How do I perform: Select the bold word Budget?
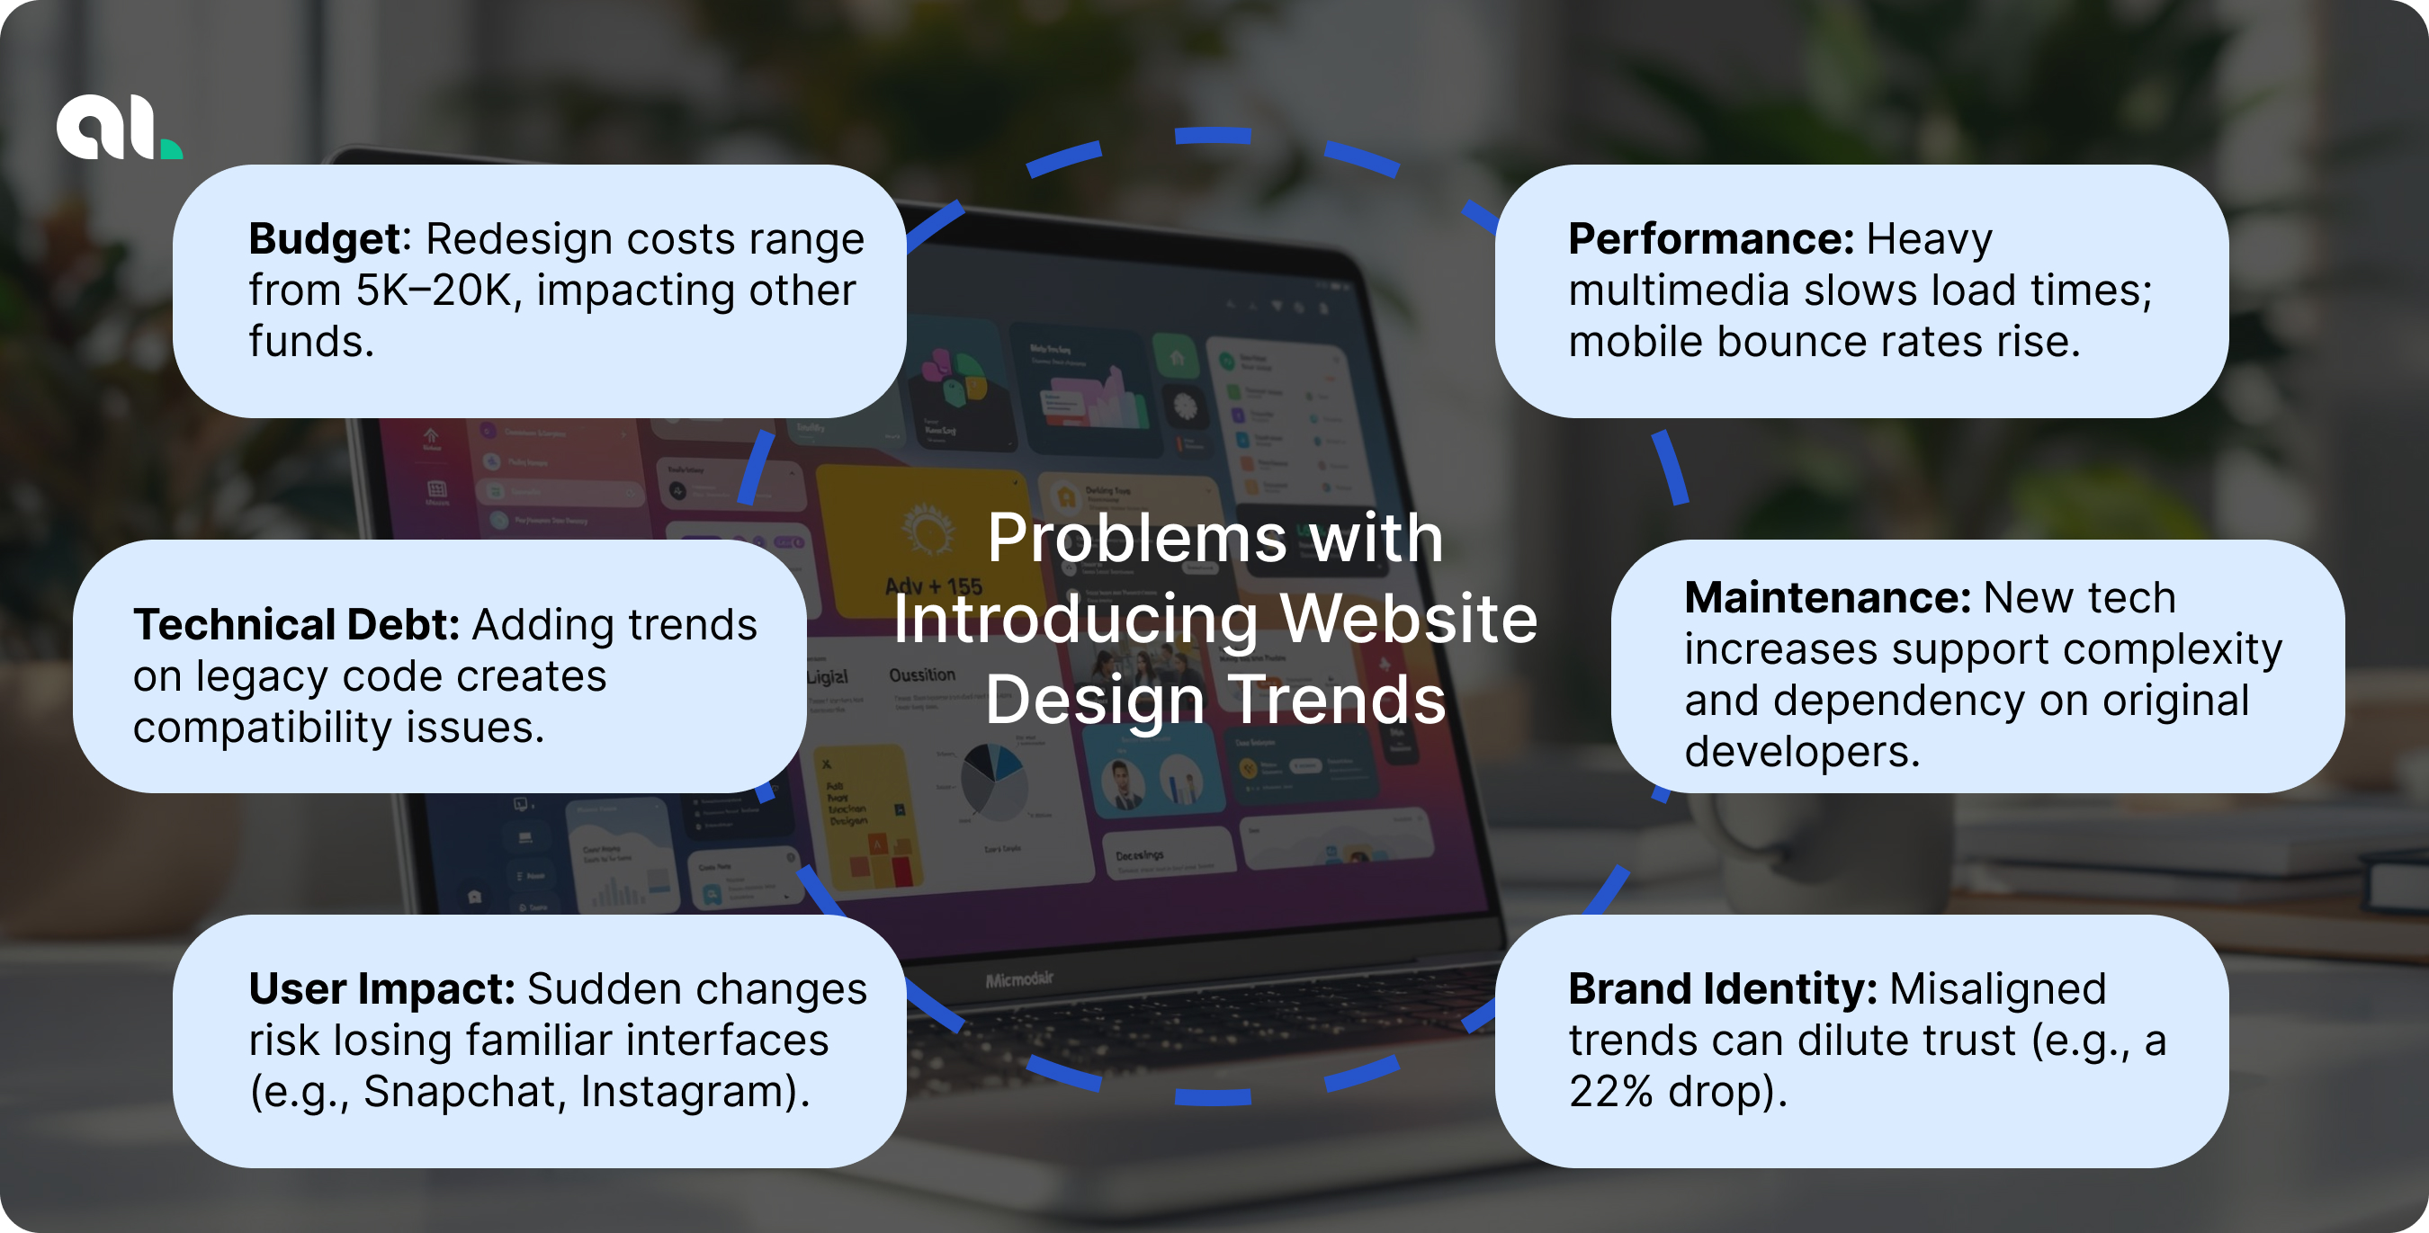pos(325,238)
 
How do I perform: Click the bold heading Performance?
pos(1709,238)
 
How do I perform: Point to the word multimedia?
pos(1679,290)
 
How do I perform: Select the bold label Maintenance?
pos(1826,598)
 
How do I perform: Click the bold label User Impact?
pos(381,989)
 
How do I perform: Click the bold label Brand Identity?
pos(1722,989)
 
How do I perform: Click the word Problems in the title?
pos(1136,539)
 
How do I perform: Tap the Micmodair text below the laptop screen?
pos(1019,979)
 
